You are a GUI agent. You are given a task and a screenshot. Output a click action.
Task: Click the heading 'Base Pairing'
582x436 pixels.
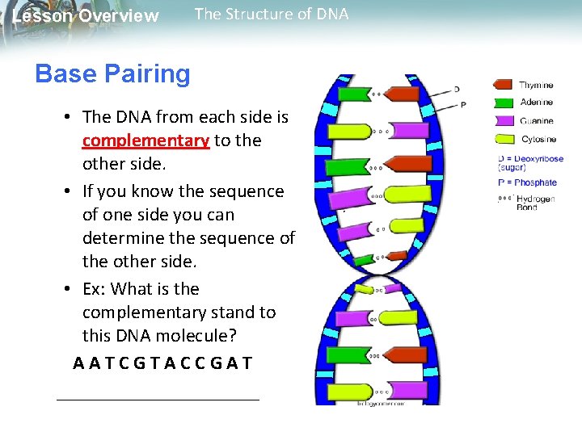coord(112,74)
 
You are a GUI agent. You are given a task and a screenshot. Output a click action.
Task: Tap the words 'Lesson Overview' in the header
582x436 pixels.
coord(86,16)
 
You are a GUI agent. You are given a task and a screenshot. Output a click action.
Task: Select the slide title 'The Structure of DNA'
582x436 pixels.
coord(272,14)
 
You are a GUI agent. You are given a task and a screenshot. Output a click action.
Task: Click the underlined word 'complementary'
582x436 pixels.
coord(145,140)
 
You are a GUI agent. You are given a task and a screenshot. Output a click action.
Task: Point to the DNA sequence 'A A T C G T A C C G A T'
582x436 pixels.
coord(162,363)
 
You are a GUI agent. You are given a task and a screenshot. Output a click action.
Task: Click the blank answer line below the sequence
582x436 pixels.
coord(158,399)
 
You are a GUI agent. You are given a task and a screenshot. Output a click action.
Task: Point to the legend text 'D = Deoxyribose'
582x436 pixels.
coord(530,159)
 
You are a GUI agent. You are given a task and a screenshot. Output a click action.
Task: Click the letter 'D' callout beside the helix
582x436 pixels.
coord(457,88)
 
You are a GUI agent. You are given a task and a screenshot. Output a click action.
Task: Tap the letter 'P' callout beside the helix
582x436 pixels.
coord(462,104)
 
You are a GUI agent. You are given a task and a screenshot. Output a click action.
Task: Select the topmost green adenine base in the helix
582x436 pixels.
coord(353,94)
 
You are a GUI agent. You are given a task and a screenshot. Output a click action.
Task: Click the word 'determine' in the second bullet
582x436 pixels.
coord(118,238)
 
